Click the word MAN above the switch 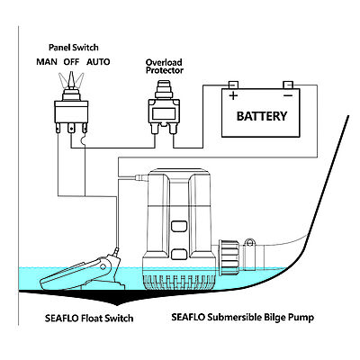pyautogui.click(x=47, y=62)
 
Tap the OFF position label pyautogui.click(x=71, y=62)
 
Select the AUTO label pyautogui.click(x=98, y=62)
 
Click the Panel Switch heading pyautogui.click(x=74, y=48)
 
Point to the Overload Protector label pyautogui.click(x=165, y=67)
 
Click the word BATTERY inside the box pyautogui.click(x=262, y=116)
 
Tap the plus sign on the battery pyautogui.click(x=233, y=95)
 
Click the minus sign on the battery pyautogui.click(x=288, y=95)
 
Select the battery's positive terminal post pyautogui.click(x=233, y=85)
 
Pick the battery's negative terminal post pyautogui.click(x=288, y=85)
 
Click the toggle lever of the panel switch pyautogui.click(x=71, y=79)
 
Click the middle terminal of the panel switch pyautogui.click(x=71, y=129)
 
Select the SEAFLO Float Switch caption pyautogui.click(x=89, y=318)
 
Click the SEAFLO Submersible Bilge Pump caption pyautogui.click(x=243, y=318)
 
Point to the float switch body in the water pyautogui.click(x=80, y=273)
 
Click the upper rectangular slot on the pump pyautogui.click(x=179, y=226)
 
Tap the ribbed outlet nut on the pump pyautogui.click(x=229, y=257)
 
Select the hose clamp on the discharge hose pyautogui.click(x=249, y=254)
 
